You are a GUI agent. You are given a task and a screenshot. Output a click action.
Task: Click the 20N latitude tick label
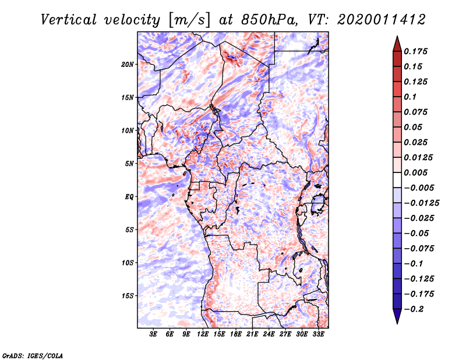coord(128,64)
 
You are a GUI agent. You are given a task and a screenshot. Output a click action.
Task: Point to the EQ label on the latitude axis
coord(129,197)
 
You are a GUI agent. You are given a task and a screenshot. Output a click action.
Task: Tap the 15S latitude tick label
coord(128,296)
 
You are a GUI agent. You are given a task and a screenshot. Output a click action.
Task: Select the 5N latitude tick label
coord(129,164)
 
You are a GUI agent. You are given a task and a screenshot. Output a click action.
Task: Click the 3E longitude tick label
coord(154,335)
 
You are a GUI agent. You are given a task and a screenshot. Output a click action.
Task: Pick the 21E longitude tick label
coord(252,335)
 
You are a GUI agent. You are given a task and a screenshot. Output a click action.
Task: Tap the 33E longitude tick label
coord(318,335)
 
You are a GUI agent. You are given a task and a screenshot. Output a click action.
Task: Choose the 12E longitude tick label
coord(203,335)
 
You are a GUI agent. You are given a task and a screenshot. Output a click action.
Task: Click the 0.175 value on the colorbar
coord(416,52)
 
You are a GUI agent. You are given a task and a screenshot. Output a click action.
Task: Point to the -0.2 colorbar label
coord(416,309)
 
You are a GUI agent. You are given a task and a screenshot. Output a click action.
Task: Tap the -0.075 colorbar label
coord(419,249)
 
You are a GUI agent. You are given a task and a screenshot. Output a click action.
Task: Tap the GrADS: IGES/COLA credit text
coord(33,354)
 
